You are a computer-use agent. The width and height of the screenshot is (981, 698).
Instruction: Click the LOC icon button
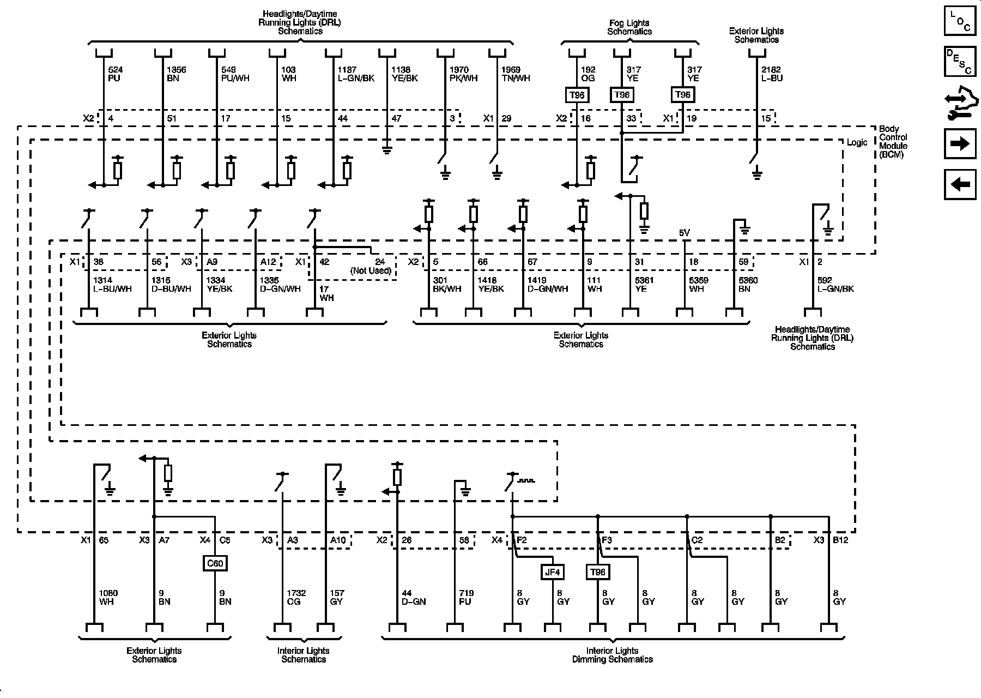coord(960,22)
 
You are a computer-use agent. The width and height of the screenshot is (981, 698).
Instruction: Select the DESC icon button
coord(960,61)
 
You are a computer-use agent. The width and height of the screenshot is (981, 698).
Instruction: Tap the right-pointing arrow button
coord(960,144)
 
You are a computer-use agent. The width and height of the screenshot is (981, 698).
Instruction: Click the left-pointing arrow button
coord(960,185)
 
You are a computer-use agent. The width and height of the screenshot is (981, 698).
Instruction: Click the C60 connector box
coord(215,563)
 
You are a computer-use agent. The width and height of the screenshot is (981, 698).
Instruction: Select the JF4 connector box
coord(552,572)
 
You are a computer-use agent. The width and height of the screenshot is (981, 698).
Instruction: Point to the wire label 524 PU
coord(115,74)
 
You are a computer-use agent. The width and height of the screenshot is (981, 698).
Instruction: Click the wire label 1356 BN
coord(176,74)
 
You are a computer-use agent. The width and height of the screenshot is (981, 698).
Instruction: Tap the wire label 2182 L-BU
coord(772,74)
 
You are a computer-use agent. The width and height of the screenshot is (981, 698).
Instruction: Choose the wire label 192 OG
coord(588,74)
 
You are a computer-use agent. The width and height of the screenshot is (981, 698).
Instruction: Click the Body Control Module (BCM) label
coord(893,142)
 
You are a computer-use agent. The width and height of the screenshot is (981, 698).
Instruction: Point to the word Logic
coord(857,142)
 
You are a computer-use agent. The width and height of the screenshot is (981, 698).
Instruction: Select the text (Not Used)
coord(371,271)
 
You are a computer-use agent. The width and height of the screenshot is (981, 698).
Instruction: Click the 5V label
coord(685,233)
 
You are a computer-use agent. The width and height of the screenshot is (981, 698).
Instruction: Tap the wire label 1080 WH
coord(108,597)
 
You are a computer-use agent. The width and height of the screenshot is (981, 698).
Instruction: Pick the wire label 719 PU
coord(466,597)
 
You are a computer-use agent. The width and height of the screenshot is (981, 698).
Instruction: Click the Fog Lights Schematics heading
coord(629,27)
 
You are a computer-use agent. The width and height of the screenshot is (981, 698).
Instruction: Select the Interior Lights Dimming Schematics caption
coord(613,655)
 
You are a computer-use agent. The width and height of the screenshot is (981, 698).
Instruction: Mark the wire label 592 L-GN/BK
coord(835,285)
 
